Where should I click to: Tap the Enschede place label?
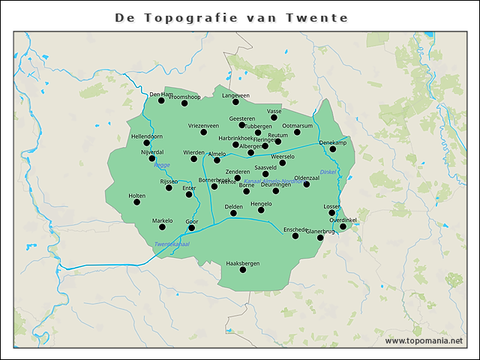tap(295, 229)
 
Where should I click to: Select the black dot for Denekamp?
tap(333, 149)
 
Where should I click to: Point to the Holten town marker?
tap(136, 202)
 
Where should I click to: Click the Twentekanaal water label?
tap(171, 244)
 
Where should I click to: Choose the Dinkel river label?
tap(328, 172)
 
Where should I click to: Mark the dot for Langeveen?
tap(235, 102)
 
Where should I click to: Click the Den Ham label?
tap(160, 94)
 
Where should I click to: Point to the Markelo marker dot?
tap(162, 227)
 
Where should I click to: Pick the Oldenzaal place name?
tap(307, 178)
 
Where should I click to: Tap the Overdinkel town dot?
tap(343, 226)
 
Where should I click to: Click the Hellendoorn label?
tap(147, 136)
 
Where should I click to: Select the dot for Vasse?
tap(274, 118)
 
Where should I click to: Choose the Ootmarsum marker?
tap(297, 133)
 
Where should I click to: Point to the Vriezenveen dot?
tap(203, 133)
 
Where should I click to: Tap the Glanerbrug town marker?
tap(321, 238)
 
